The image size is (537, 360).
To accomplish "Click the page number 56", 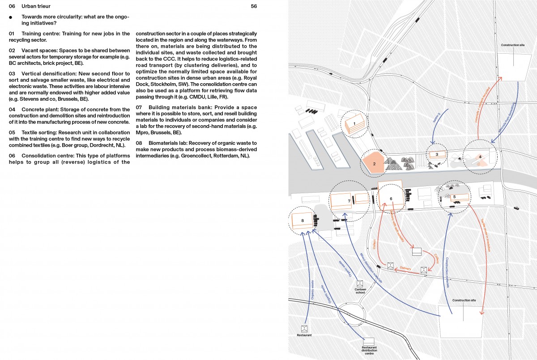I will (254, 6).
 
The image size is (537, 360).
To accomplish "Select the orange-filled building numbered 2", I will (373, 164).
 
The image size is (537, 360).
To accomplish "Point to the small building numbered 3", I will (437, 154).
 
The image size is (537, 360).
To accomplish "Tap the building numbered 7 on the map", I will (349, 201).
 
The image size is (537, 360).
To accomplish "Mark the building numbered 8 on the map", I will (303, 220).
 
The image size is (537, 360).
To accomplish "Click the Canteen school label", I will (360, 291).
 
